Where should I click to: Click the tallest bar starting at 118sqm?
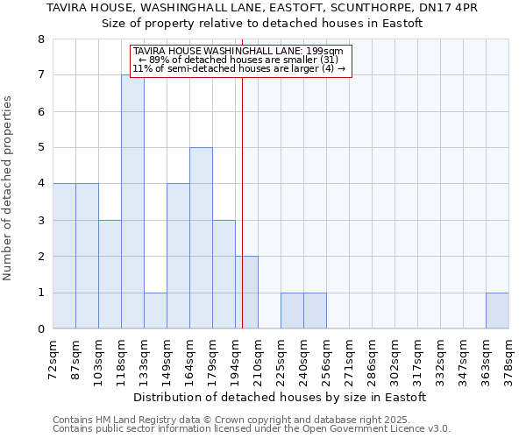[x=132, y=201]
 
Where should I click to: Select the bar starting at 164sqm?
[x=201, y=238]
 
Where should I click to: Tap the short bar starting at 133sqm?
[x=155, y=311]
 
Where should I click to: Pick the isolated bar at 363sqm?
[x=497, y=311]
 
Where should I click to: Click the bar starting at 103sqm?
[x=110, y=274]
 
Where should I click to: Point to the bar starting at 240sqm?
[x=315, y=311]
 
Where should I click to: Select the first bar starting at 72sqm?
[x=64, y=256]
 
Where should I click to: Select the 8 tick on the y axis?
[x=40, y=39]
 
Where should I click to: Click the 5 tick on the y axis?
[x=40, y=148]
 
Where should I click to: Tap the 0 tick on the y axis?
[x=40, y=329]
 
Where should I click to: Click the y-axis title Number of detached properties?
[x=9, y=188]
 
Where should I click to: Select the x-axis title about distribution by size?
[x=281, y=397]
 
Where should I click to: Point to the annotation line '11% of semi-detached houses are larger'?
[x=239, y=68]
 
